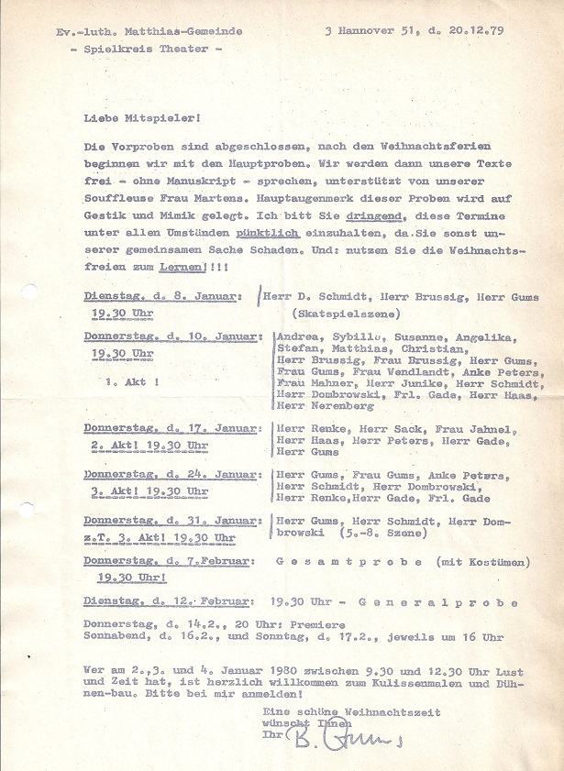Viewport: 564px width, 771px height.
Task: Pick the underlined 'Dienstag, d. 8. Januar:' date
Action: pos(163,297)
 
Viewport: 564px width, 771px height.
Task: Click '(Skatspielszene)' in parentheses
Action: pos(343,313)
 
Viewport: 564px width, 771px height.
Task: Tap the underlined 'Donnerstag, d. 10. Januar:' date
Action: pos(173,337)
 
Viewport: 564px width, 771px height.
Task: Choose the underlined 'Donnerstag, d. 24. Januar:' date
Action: pos(173,474)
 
